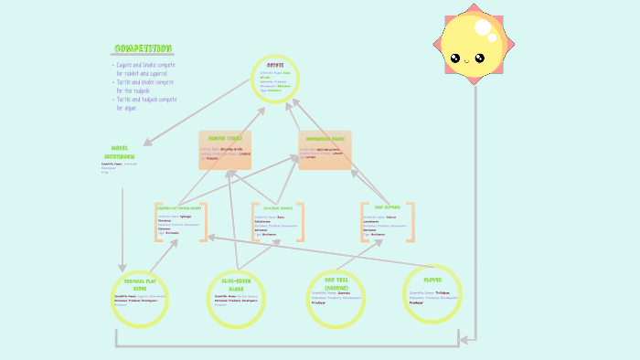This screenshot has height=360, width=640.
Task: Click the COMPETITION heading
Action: tap(143, 48)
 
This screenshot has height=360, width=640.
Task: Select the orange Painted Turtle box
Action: tap(225, 150)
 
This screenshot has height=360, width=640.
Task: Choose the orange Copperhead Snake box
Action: tap(325, 150)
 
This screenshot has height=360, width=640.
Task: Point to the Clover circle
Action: tap(432, 292)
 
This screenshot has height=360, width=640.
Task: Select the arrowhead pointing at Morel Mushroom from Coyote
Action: tap(147, 143)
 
